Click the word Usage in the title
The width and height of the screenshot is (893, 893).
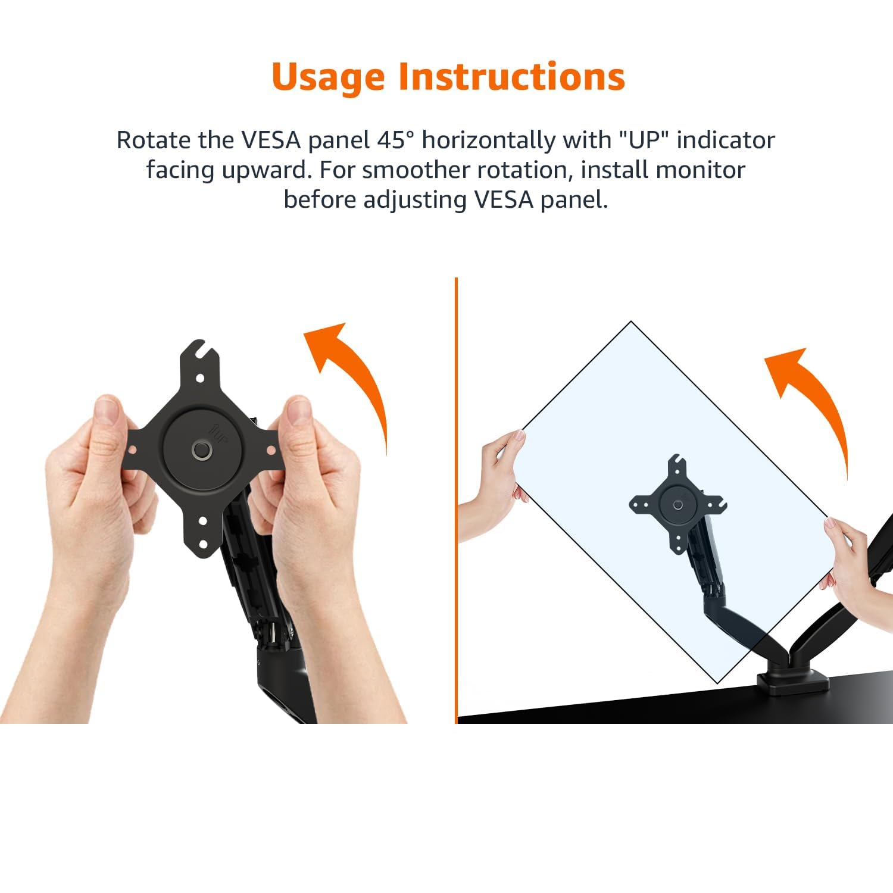point(328,77)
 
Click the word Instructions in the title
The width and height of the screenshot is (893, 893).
point(512,76)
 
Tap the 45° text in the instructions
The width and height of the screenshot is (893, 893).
point(395,140)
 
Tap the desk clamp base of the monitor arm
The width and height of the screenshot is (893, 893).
point(792,683)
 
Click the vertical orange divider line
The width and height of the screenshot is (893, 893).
point(456,500)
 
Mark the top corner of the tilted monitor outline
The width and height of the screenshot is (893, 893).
point(631,322)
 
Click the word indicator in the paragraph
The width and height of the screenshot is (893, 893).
point(726,140)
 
